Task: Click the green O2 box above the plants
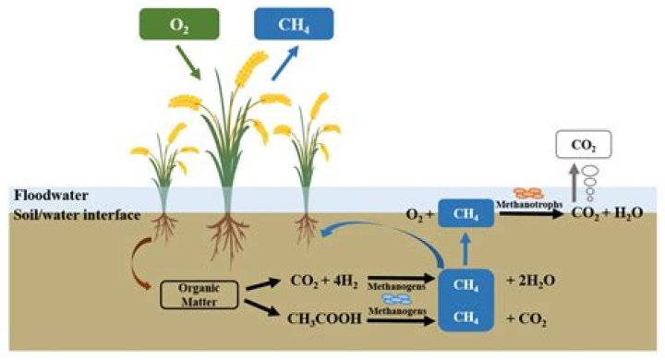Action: (x=179, y=24)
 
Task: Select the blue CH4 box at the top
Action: (x=294, y=24)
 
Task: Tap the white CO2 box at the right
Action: (x=584, y=145)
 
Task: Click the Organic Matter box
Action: (x=199, y=294)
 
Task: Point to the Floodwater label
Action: (x=52, y=196)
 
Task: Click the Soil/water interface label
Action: (x=78, y=215)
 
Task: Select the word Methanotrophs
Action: (x=529, y=204)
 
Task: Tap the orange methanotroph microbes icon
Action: (x=528, y=193)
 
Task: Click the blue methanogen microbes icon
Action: (x=397, y=299)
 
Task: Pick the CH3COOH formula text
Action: (x=324, y=318)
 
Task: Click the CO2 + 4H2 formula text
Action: (x=324, y=281)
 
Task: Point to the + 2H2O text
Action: (x=531, y=281)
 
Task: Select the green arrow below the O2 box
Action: (x=188, y=63)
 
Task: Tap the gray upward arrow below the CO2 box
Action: (x=574, y=183)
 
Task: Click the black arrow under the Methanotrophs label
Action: (x=532, y=213)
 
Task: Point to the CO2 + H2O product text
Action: (x=608, y=213)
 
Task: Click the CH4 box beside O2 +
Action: (x=465, y=213)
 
